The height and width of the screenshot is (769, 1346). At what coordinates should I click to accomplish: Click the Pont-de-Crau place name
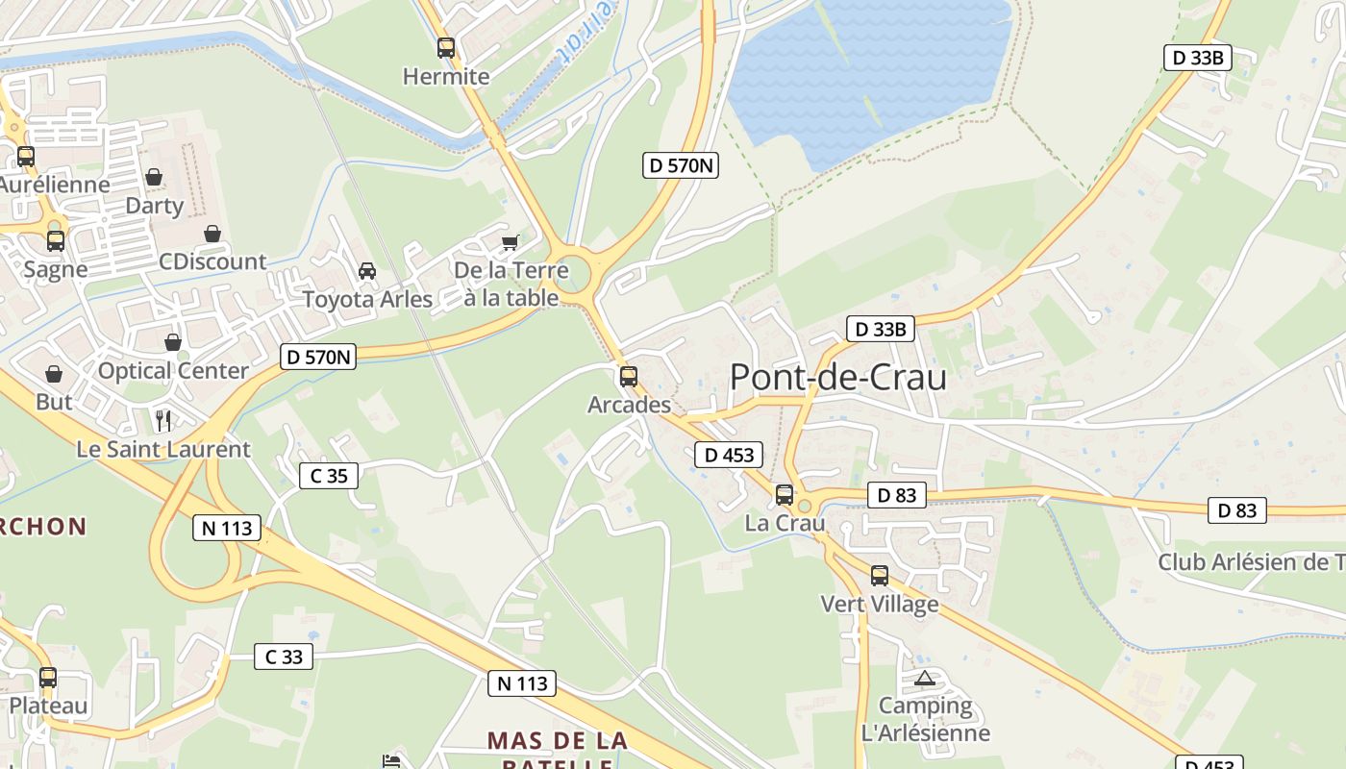click(837, 377)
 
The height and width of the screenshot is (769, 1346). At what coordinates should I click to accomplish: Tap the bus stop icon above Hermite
click(446, 48)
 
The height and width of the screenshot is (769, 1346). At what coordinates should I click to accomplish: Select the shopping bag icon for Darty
click(154, 178)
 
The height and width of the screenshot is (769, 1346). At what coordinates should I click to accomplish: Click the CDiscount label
click(212, 261)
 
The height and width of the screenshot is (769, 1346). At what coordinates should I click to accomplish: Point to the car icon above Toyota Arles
click(366, 272)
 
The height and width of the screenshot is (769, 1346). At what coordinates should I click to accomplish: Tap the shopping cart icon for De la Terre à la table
click(510, 242)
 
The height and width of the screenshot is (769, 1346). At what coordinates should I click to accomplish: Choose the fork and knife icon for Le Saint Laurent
click(163, 421)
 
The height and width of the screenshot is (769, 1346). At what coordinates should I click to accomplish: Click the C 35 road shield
click(329, 475)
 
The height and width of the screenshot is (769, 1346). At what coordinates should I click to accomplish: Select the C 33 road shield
click(284, 657)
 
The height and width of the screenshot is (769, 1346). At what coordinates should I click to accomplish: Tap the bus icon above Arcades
click(629, 377)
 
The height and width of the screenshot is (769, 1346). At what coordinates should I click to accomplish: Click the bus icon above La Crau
click(785, 495)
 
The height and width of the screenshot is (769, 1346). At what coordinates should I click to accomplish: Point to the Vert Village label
click(879, 604)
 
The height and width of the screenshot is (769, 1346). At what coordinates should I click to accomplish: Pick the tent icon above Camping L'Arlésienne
click(925, 679)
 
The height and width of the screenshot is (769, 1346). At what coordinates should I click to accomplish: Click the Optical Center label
click(173, 370)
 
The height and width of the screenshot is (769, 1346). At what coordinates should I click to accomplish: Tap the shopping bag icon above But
click(54, 374)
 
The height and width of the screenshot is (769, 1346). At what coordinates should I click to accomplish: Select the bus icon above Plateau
click(48, 678)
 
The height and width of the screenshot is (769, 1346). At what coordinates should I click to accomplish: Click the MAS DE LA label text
click(557, 741)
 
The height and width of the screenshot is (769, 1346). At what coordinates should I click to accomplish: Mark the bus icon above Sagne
click(56, 241)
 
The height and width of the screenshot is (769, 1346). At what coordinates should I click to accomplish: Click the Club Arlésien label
click(1251, 562)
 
